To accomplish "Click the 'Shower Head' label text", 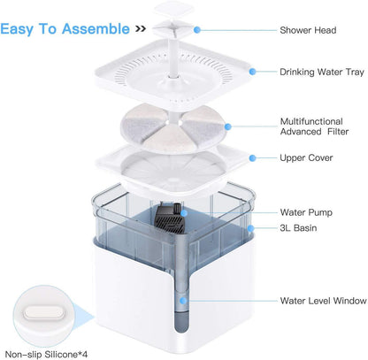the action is [308, 30].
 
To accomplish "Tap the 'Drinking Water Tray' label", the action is [322, 72].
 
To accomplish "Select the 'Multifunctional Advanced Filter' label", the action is [314, 126].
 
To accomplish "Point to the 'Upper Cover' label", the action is [306, 157].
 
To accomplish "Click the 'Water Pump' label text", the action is [306, 212].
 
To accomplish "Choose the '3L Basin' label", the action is [298, 228].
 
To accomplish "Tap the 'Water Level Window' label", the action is [323, 301].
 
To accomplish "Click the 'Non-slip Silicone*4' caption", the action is [46, 354].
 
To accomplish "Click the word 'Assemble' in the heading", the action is [96, 29].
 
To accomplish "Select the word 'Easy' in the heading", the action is [17, 29].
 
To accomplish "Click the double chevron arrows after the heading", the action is [141, 28].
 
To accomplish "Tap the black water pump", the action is [169, 218].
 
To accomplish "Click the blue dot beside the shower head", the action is [197, 30].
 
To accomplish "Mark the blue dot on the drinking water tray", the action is [252, 72].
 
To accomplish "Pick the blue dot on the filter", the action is [227, 126].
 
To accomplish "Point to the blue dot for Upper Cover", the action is [252, 158].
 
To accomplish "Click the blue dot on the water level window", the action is [183, 301].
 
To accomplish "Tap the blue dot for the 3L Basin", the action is [250, 228].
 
